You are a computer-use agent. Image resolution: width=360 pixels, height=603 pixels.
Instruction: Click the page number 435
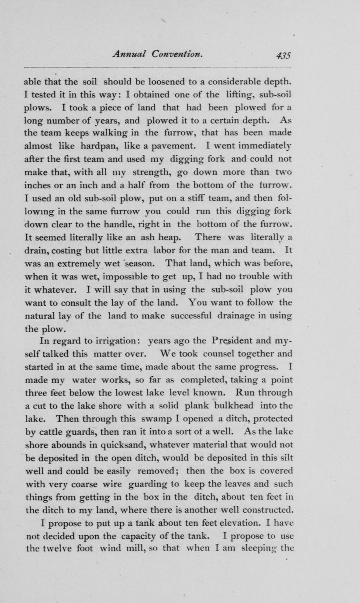click(283, 55)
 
